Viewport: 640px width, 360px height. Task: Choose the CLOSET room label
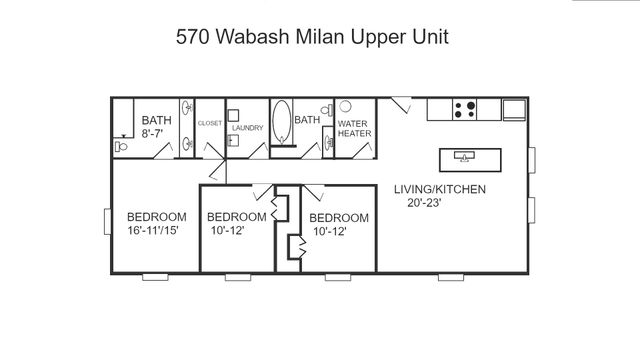(x=210, y=123)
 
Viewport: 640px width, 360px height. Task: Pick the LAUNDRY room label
(x=247, y=128)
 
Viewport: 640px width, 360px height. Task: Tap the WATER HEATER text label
(x=354, y=129)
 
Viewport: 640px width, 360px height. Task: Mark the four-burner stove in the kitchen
(x=464, y=108)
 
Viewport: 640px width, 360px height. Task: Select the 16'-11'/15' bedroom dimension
(x=157, y=231)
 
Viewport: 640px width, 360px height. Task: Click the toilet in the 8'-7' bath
(x=121, y=147)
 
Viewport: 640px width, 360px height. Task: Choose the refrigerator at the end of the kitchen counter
(x=513, y=108)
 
